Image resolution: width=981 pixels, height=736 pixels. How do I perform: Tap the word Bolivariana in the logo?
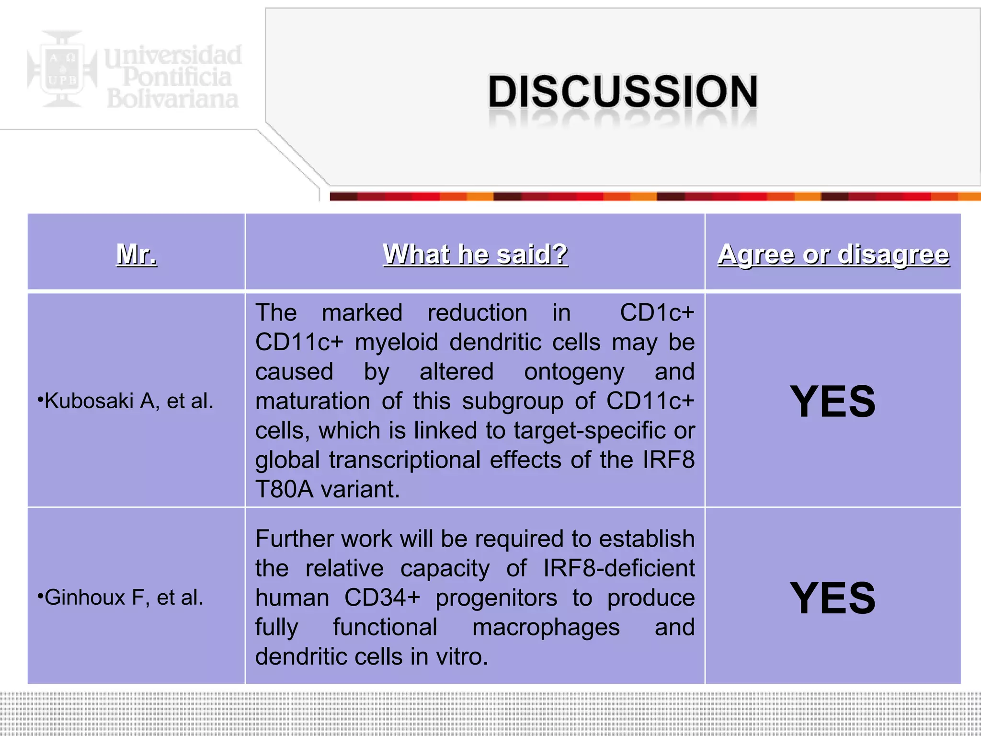[x=172, y=99]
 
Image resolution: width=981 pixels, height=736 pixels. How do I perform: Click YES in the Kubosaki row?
[x=833, y=401]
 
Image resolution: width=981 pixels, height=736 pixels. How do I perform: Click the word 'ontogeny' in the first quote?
[x=574, y=372]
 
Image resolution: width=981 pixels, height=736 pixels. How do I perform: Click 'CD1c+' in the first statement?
[x=657, y=313]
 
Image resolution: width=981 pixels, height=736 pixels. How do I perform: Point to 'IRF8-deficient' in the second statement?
[x=618, y=568]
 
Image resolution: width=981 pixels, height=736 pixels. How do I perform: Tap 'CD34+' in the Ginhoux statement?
[x=382, y=598]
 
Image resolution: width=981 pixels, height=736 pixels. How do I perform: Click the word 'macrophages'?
[x=546, y=627]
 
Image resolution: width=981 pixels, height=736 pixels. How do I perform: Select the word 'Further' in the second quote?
[x=292, y=539]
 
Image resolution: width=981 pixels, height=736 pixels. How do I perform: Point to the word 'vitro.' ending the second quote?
[x=461, y=656]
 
